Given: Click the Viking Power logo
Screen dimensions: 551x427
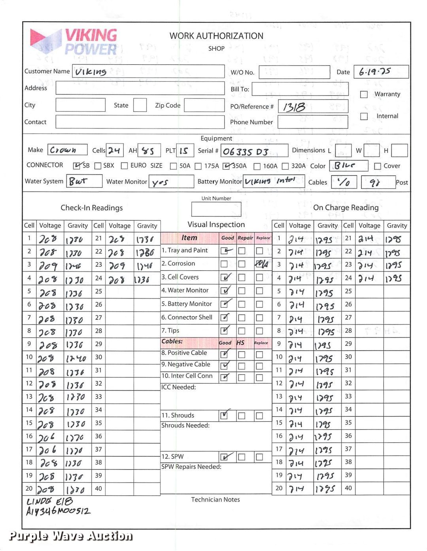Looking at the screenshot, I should [x=74, y=42].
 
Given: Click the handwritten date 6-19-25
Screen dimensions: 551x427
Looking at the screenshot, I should [x=374, y=72].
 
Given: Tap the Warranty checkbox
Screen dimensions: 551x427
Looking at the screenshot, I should [x=364, y=94].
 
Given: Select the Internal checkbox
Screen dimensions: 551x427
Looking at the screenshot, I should [x=364, y=116].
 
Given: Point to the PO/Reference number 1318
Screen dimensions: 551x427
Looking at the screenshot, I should [x=294, y=107].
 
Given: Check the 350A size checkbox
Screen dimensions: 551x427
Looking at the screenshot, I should [x=227, y=166].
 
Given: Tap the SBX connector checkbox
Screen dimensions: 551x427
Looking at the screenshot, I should [x=98, y=166].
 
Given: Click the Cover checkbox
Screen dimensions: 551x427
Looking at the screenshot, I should [x=377, y=166].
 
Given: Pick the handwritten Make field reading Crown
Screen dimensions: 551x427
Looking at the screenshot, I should [x=63, y=150].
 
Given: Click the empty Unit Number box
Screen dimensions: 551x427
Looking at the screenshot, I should [x=216, y=209].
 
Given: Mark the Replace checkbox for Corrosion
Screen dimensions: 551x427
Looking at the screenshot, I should [x=260, y=264].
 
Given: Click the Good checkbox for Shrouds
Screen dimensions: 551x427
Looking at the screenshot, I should [x=224, y=415].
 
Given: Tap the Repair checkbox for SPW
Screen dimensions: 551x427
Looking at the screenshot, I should [x=242, y=457].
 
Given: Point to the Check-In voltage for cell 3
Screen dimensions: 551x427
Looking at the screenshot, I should [x=48, y=266].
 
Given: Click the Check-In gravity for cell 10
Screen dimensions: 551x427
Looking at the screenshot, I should [x=76, y=359].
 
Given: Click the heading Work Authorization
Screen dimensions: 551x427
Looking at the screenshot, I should [x=216, y=36].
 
